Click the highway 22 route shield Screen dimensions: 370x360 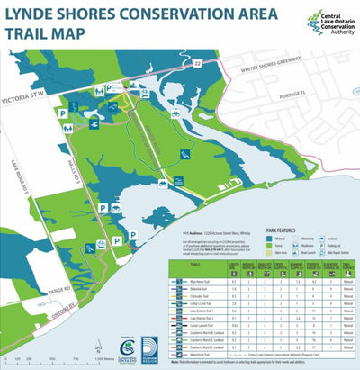[x=197, y=65]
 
